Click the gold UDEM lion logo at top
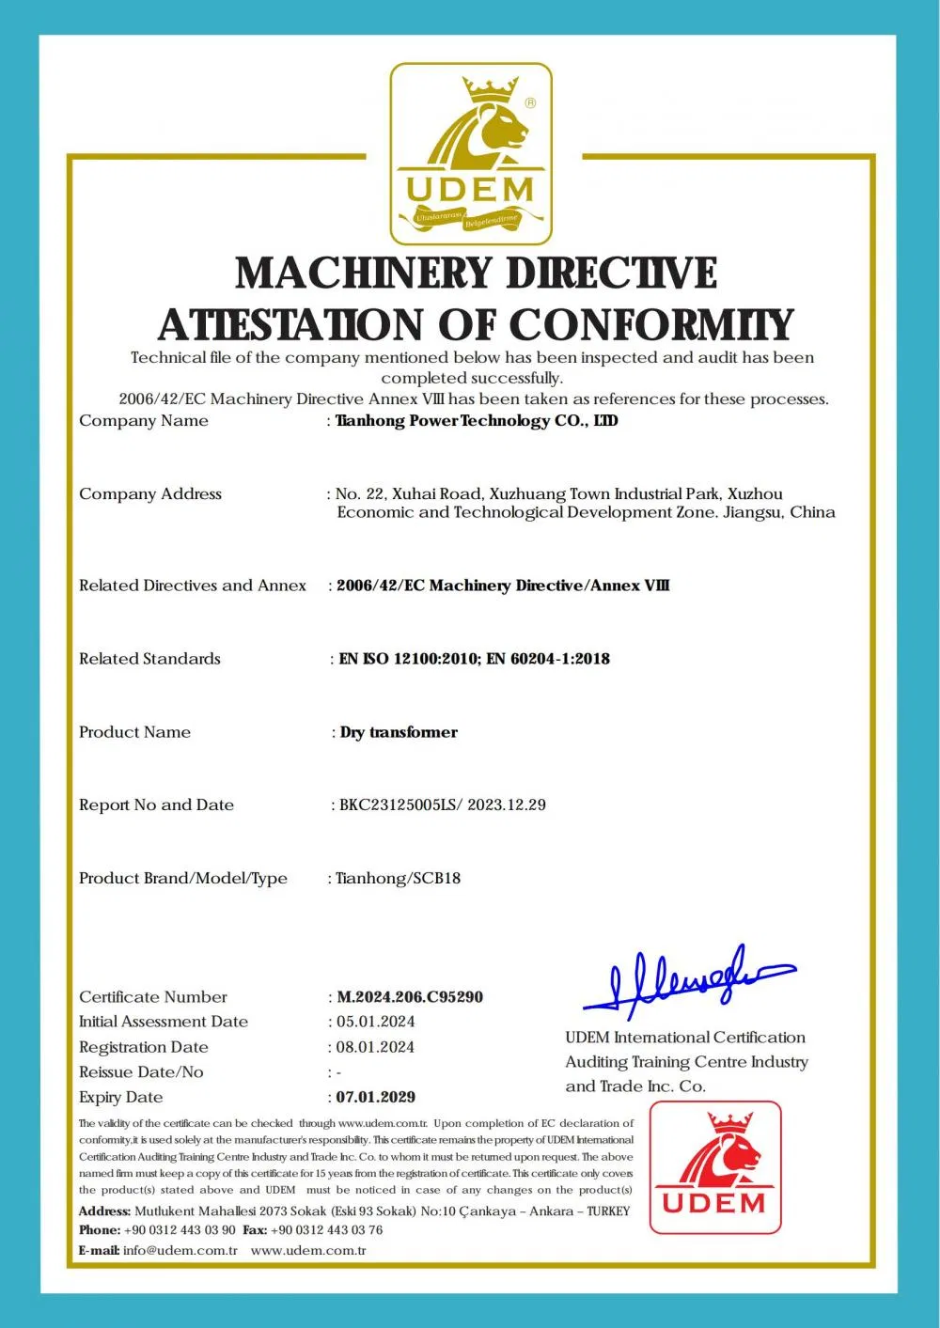pyautogui.click(x=471, y=153)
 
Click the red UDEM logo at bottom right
pyautogui.click(x=715, y=1166)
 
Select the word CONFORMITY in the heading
pyautogui.click(x=651, y=325)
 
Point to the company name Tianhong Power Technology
pyautogui.click(x=476, y=420)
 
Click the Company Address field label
pyautogui.click(x=150, y=493)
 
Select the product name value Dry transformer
pyautogui.click(x=399, y=732)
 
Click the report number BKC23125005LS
pyautogui.click(x=399, y=805)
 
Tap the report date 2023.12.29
pyautogui.click(x=507, y=805)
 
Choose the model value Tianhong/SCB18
pyautogui.click(x=399, y=878)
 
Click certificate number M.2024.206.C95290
pyautogui.click(x=410, y=996)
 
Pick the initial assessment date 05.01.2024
pyautogui.click(x=376, y=1022)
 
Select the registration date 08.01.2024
pyautogui.click(x=376, y=1047)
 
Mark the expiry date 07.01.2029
pyautogui.click(x=376, y=1097)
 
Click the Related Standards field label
pyautogui.click(x=149, y=659)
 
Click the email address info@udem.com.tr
pyautogui.click(x=180, y=1251)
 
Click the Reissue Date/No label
pyautogui.click(x=141, y=1071)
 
